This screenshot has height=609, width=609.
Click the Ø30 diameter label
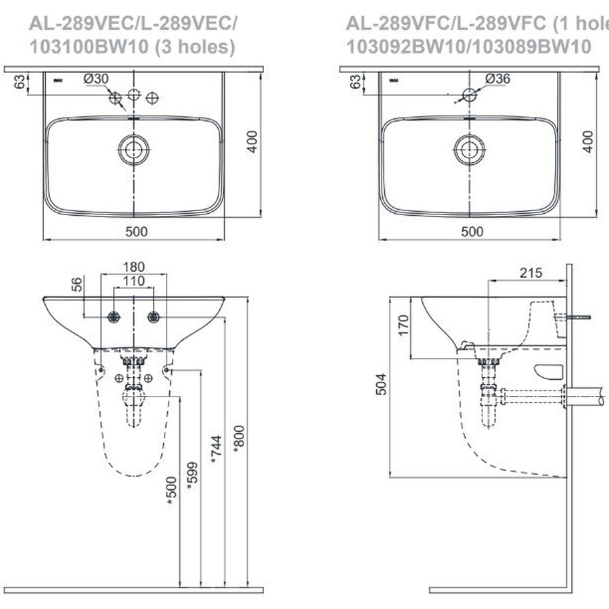pos(96,78)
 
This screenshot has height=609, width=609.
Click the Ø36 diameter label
pos(497,78)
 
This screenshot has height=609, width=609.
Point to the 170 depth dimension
pos(403,325)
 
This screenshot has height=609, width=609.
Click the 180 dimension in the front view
pos(134,267)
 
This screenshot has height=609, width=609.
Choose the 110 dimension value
pos(134,280)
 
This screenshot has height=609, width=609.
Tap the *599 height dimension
pos(192,477)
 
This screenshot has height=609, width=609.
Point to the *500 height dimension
pos(171,491)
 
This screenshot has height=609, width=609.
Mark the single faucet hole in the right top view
pos(469,93)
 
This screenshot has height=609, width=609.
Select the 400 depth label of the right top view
pos(588,141)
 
